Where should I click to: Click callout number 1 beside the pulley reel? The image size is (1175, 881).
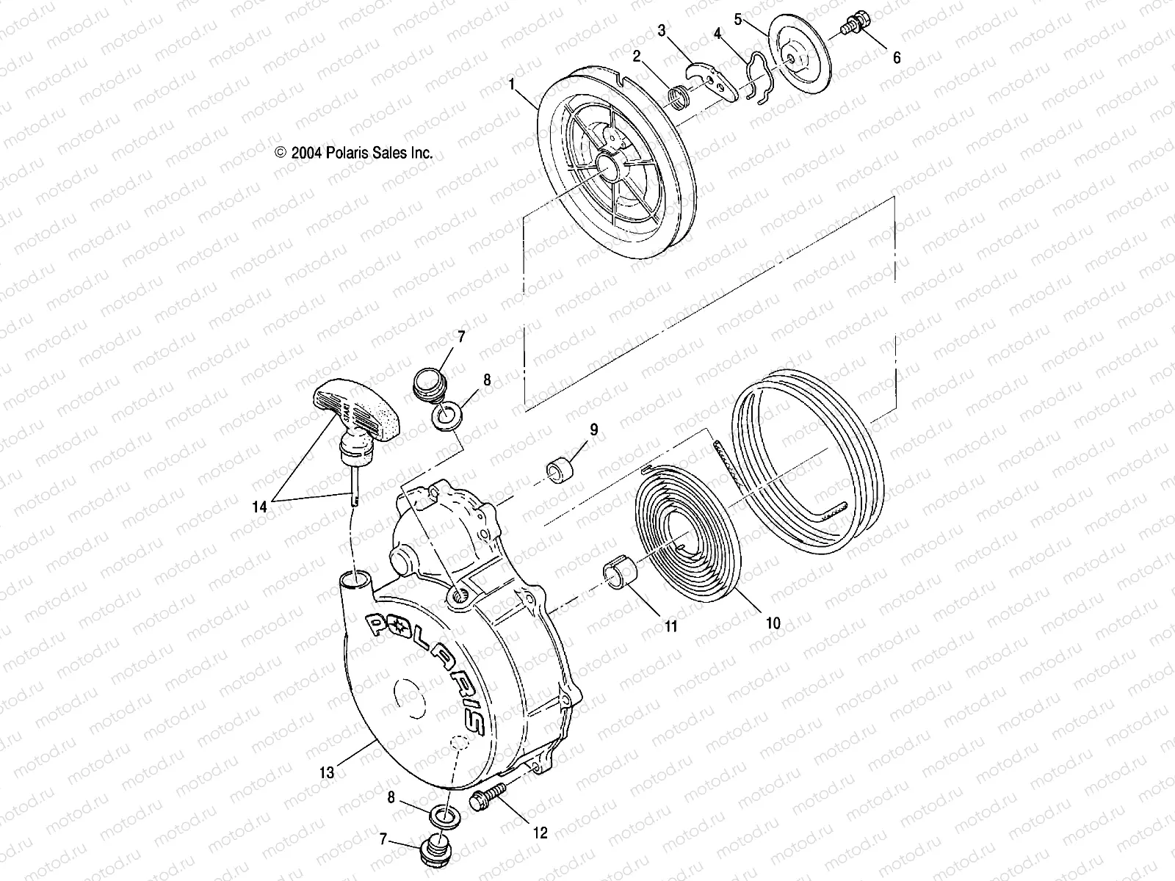point(511,85)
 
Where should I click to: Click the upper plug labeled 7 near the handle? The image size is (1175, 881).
point(425,383)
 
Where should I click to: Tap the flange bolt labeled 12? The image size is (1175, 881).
point(485,798)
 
